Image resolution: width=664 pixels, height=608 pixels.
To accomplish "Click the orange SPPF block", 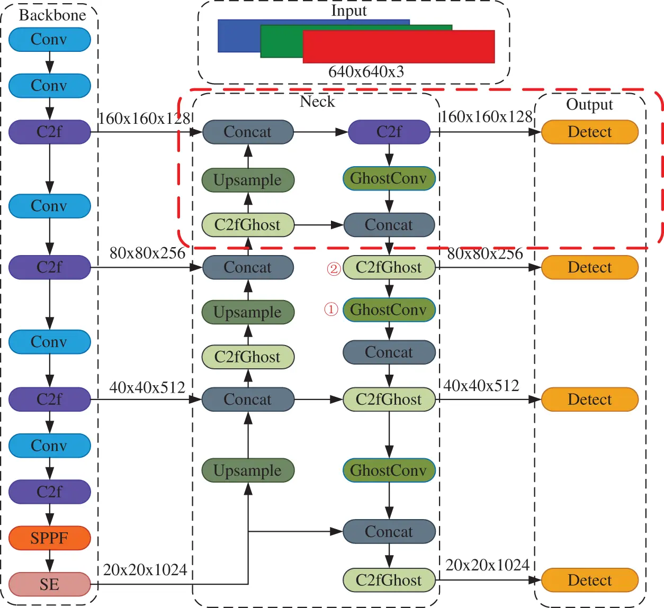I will [x=49, y=538].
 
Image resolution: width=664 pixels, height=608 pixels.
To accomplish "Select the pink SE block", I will [x=49, y=584].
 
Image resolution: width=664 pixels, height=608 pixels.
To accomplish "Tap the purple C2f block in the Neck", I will [x=389, y=132].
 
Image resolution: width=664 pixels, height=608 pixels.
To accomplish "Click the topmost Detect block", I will [x=589, y=132].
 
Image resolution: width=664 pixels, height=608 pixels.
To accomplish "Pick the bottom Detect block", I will [x=589, y=580].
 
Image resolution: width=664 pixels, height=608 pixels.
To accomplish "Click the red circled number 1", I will [x=331, y=309].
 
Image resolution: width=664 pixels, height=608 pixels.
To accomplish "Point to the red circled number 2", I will [x=333, y=269].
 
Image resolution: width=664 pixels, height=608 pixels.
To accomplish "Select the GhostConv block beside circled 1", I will [x=389, y=310].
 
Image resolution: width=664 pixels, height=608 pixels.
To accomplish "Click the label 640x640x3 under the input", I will [x=366, y=71].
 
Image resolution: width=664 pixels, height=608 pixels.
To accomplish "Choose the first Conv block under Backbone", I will [x=49, y=40].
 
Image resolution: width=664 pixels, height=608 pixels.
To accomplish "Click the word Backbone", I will [x=52, y=15].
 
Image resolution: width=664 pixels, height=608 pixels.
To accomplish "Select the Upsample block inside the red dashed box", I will [x=248, y=180].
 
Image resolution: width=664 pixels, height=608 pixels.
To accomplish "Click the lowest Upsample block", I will [x=248, y=470].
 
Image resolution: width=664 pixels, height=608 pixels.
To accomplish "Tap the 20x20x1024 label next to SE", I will [x=145, y=570].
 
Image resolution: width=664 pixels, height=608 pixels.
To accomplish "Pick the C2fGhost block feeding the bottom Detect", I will [x=389, y=580].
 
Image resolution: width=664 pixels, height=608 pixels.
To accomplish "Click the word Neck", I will [x=317, y=102].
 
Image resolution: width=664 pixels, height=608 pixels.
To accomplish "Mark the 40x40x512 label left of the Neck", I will [x=147, y=387].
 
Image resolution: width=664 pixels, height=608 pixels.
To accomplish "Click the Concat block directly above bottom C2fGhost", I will [x=389, y=532].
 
